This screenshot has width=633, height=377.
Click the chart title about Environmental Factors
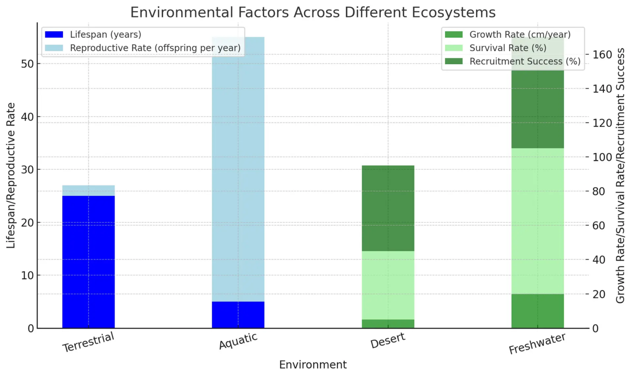pyautogui.click(x=313, y=12)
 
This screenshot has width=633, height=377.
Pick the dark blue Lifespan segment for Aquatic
pyautogui.click(x=238, y=315)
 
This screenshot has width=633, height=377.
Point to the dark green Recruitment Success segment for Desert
pyautogui.click(x=388, y=208)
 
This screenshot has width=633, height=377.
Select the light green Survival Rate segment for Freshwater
pyautogui.click(x=537, y=221)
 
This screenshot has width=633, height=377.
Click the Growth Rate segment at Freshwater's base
pyautogui.click(x=537, y=311)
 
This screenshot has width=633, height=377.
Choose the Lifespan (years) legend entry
pyautogui.click(x=105, y=35)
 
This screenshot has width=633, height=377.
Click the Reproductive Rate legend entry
pyautogui.click(x=155, y=48)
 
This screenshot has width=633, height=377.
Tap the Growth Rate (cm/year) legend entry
pyautogui.click(x=520, y=35)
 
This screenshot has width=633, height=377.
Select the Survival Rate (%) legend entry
pyautogui.click(x=508, y=48)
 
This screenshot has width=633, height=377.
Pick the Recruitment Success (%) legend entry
pyautogui.click(x=525, y=61)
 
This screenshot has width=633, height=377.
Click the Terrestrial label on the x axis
pyautogui.click(x=88, y=342)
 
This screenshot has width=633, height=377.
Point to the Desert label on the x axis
pyautogui.click(x=388, y=341)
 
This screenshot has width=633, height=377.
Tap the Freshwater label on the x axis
pyautogui.click(x=537, y=344)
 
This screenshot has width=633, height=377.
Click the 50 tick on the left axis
pyautogui.click(x=27, y=64)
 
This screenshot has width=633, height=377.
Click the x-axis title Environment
pyautogui.click(x=313, y=365)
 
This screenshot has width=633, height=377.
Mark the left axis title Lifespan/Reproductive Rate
pyautogui.click(x=11, y=176)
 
